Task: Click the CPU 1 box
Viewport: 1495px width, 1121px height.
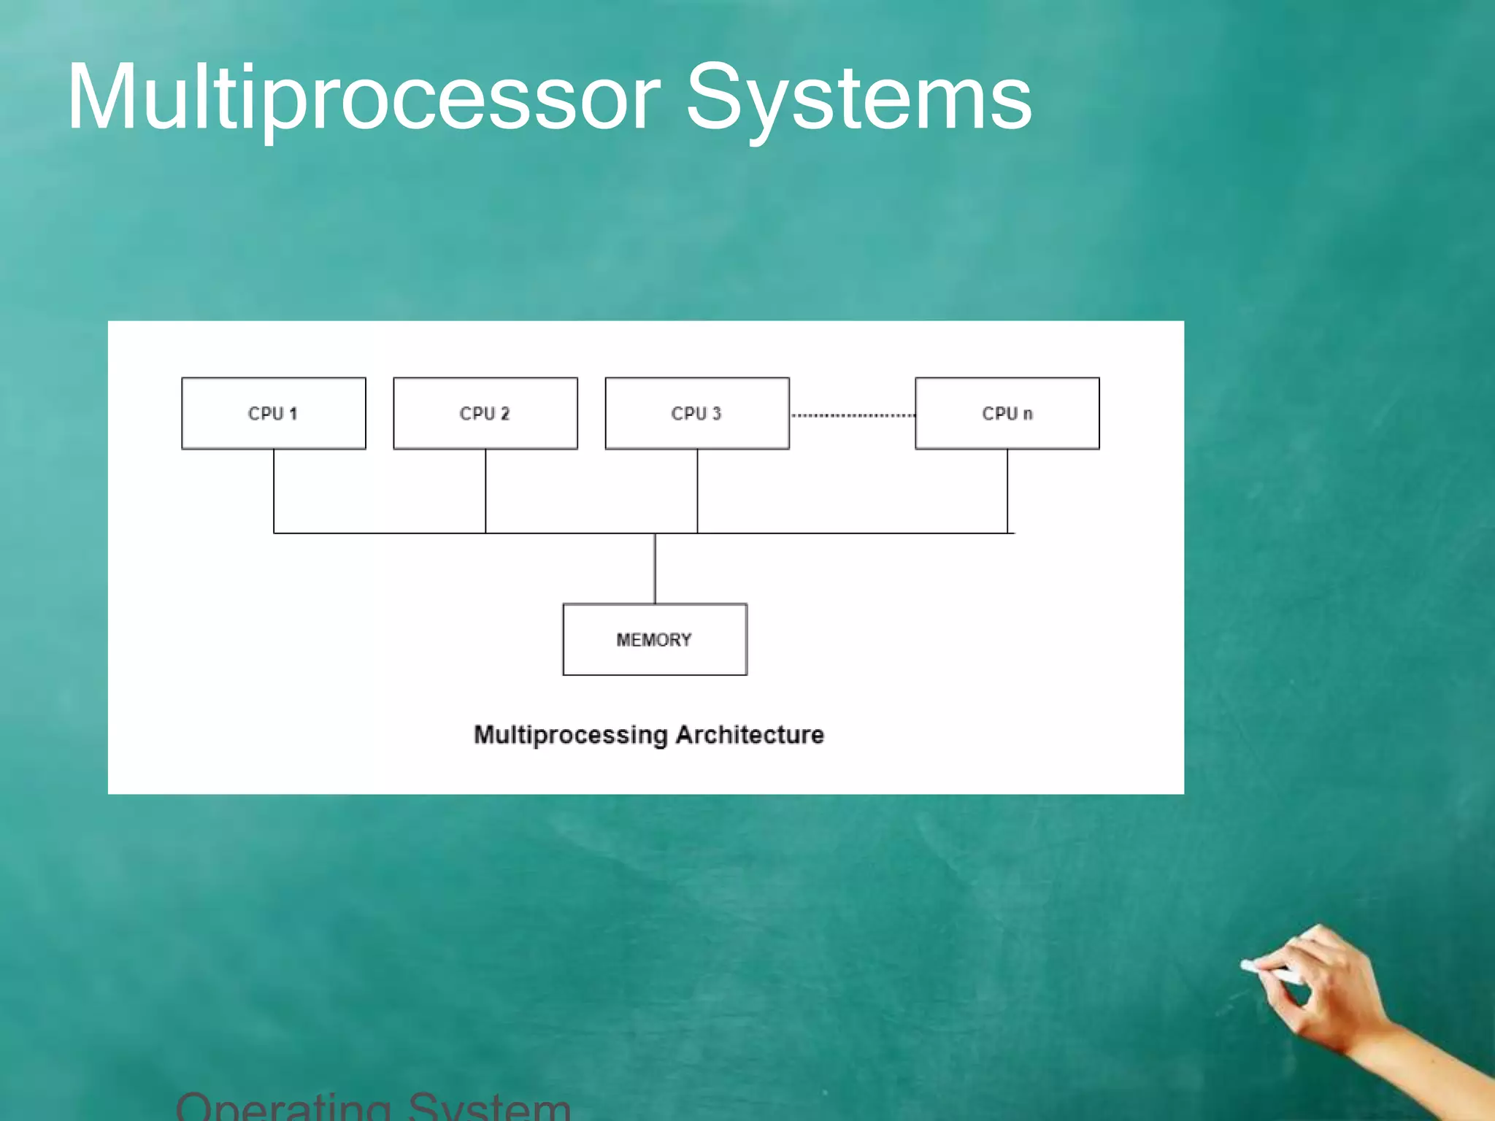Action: click(x=274, y=413)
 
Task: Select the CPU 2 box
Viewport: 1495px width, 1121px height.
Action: click(x=485, y=413)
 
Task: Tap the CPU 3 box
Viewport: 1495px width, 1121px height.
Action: click(x=697, y=413)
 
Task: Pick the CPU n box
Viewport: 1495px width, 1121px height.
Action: click(x=1007, y=413)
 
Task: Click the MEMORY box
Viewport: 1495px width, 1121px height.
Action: click(x=655, y=639)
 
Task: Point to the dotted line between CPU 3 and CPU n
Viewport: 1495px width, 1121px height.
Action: click(x=853, y=415)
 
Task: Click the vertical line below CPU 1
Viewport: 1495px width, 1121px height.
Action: click(x=274, y=490)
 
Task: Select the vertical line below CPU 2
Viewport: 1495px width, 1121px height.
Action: click(x=485, y=490)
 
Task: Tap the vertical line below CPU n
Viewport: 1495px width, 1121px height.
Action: click(x=1007, y=490)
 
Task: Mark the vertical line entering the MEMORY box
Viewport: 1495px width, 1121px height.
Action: click(x=655, y=569)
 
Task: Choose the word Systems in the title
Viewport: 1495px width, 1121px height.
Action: click(x=859, y=99)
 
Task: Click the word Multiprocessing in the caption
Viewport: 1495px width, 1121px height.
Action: click(x=570, y=734)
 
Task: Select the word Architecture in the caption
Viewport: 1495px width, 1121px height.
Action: click(x=750, y=734)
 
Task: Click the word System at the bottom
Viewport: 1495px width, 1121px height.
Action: click(x=489, y=1108)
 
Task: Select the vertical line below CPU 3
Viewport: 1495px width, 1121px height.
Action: click(x=697, y=490)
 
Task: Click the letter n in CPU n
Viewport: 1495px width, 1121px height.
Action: click(x=1028, y=415)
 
